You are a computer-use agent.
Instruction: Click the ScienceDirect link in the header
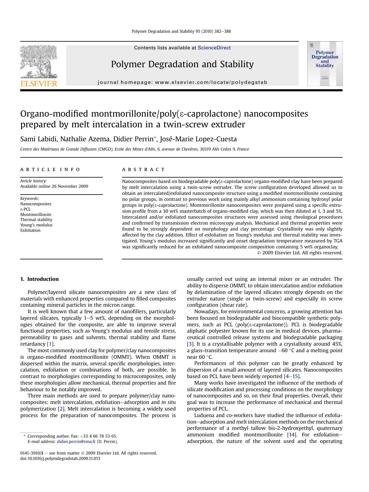[214, 48]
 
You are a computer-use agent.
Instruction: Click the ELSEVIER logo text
[39, 84]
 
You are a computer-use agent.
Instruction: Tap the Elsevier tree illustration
[39, 61]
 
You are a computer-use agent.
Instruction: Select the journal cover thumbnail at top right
[325, 64]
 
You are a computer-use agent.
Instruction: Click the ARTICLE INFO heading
[50, 170]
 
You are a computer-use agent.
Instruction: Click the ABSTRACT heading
[143, 170]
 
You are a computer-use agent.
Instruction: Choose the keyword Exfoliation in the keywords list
[30, 230]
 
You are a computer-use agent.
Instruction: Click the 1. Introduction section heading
[40, 279]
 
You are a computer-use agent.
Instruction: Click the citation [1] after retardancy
[51, 344]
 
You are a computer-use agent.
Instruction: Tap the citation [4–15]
[292, 376]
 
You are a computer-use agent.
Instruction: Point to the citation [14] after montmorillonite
[292, 435]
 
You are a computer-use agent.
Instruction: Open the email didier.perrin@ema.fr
[76, 441]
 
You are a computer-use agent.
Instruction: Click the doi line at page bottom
[60, 458]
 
